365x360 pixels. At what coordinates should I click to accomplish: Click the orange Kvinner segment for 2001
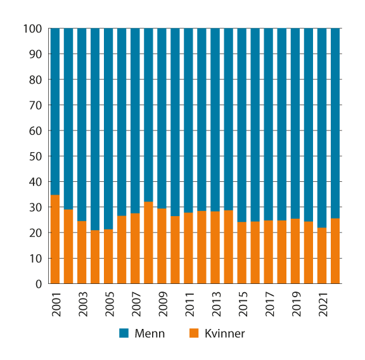tap(55, 240)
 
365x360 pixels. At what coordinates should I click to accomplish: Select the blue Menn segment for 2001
tap(55, 112)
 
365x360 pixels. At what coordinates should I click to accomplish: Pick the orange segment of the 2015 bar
tap(241, 253)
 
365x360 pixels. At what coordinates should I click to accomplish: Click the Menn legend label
tap(150, 333)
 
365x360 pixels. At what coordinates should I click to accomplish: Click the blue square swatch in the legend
tap(124, 333)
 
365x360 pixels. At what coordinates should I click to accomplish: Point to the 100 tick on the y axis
tap(32, 29)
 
